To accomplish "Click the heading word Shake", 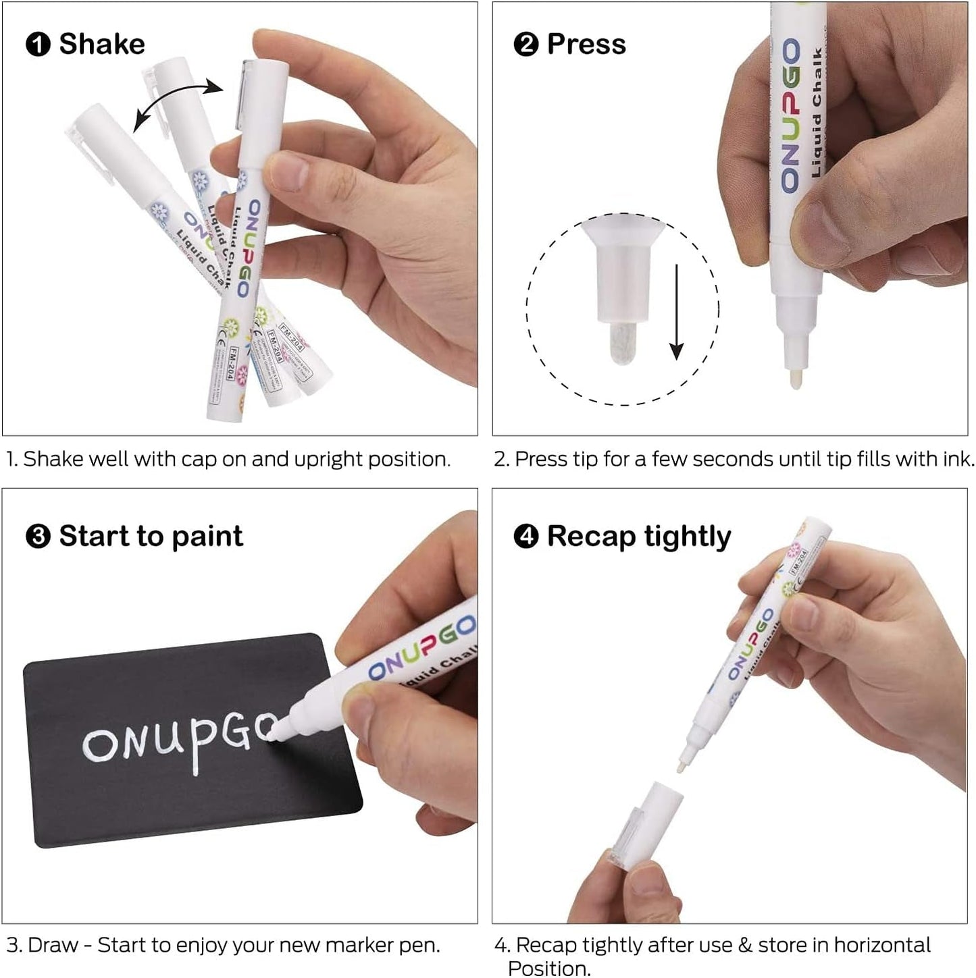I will pos(101,45).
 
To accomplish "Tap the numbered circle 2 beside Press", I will pos(525,45).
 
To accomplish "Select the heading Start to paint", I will pos(151,537).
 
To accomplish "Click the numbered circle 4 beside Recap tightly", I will pos(525,537).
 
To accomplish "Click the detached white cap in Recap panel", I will pos(648,823).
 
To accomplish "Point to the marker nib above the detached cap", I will pos(684,761).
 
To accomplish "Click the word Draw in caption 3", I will pos(53,946).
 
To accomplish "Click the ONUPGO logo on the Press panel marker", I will pos(790,115).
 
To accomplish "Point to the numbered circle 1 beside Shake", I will pos(38,45).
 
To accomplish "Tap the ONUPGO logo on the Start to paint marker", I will pos(422,650).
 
